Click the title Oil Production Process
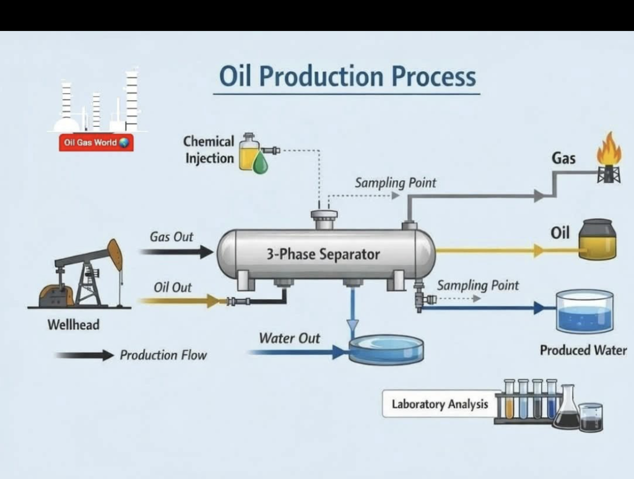(347, 77)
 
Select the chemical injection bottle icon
(251, 152)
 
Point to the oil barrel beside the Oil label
(597, 239)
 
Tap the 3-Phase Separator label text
(323, 254)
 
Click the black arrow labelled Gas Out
(176, 251)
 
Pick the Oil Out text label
(173, 288)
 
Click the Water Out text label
(289, 338)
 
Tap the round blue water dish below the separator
(386, 350)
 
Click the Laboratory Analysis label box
(440, 404)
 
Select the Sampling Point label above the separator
(395, 183)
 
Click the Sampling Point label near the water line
(477, 285)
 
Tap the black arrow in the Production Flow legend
(85, 355)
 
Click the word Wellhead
(73, 324)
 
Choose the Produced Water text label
(583, 350)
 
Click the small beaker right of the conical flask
(591, 417)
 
